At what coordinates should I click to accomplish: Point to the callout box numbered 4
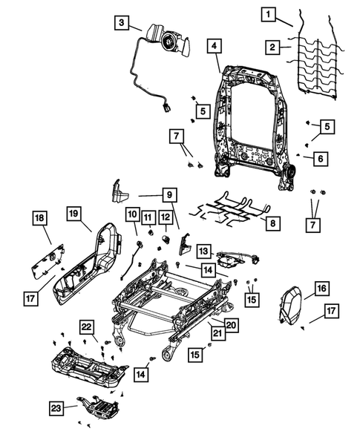[214, 47]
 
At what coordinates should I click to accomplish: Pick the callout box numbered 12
[165, 217]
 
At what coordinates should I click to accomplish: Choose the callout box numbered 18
[42, 217]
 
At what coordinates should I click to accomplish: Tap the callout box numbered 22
[88, 328]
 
